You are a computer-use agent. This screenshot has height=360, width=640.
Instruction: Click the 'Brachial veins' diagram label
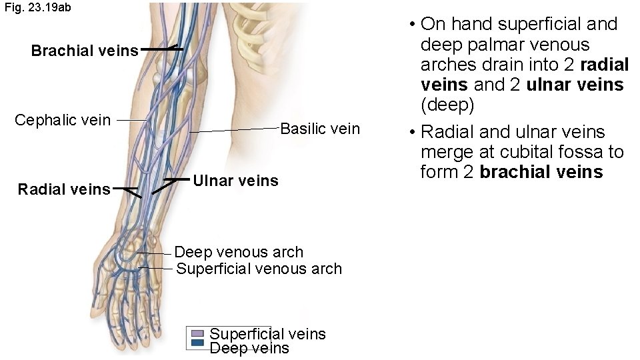(x=85, y=51)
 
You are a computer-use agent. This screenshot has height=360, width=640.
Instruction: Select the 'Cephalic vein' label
(x=63, y=121)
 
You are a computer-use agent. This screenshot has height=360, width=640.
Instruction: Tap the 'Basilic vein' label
(x=320, y=129)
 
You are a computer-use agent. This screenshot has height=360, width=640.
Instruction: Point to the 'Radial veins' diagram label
(x=64, y=190)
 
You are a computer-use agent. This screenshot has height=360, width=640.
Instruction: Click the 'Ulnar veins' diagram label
(x=235, y=181)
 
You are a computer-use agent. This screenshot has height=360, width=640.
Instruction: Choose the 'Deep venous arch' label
(x=239, y=252)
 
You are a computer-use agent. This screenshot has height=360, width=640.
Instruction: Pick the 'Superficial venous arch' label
(x=259, y=269)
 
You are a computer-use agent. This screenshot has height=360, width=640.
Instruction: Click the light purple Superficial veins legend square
(x=197, y=333)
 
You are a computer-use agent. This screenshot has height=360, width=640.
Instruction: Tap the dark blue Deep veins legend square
(x=197, y=343)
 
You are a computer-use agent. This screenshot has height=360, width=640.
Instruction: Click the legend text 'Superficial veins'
(x=267, y=333)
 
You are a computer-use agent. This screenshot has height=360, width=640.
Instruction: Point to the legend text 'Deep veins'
(x=249, y=348)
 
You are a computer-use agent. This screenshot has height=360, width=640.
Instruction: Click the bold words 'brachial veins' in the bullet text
(x=541, y=172)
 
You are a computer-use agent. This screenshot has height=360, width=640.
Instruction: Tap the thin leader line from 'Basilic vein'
(x=233, y=130)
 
